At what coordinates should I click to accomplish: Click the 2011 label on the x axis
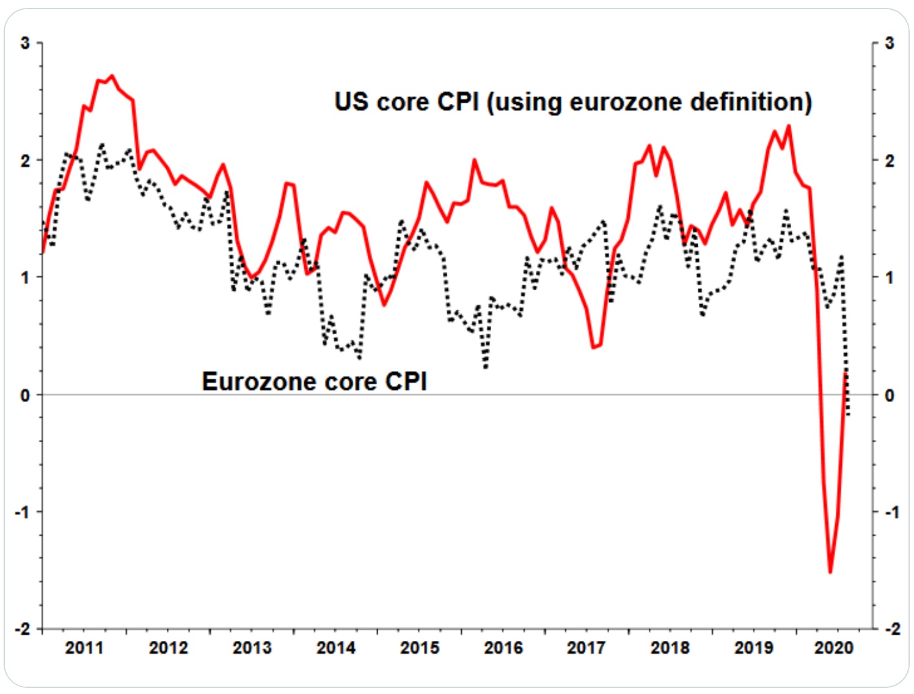pos(84,648)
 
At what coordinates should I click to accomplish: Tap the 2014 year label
pos(336,648)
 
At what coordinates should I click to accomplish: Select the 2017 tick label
pos(587,648)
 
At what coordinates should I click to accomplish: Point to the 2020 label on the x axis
pos(834,648)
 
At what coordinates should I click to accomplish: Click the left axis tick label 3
pos(25,43)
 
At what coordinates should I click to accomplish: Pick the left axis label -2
pos(23,629)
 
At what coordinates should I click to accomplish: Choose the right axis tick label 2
pos(890,161)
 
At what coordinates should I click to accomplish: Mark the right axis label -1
pos(891,512)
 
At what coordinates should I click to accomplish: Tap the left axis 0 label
pos(25,395)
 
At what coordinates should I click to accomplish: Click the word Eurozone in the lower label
pos(259,382)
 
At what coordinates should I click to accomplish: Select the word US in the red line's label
pos(351,102)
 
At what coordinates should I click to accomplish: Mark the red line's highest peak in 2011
pos(112,76)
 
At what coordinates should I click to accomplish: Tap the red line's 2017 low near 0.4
pos(594,348)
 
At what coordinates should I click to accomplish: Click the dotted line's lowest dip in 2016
pos(486,368)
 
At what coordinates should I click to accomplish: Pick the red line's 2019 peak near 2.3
pos(789,126)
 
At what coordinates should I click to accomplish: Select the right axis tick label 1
pos(890,278)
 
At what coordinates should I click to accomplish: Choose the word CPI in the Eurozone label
pos(406,382)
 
